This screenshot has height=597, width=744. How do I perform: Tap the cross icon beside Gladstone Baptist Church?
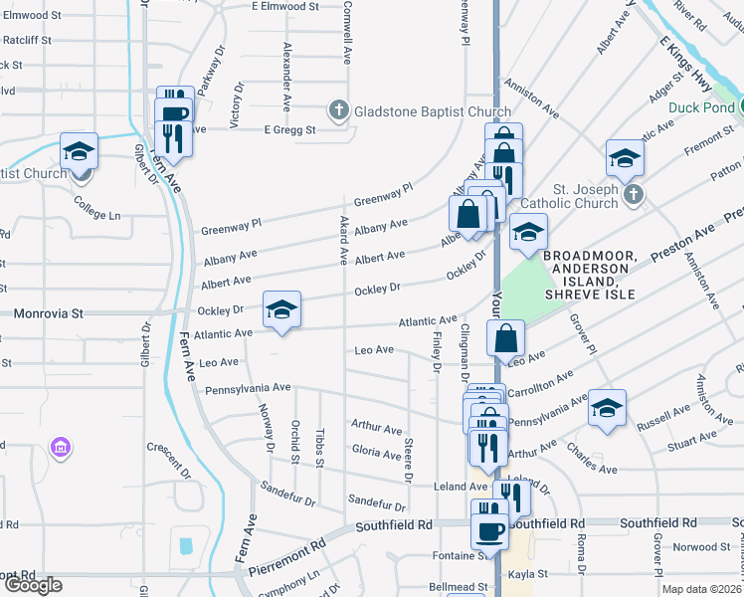[338, 110]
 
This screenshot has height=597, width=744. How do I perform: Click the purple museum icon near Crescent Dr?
[61, 448]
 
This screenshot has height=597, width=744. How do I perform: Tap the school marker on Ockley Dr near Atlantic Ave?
[281, 311]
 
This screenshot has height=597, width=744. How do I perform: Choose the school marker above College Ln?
[79, 152]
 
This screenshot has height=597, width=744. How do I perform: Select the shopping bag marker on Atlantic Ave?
[506, 338]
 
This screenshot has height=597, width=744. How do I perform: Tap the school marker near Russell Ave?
[606, 408]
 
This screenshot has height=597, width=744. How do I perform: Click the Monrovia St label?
[49, 312]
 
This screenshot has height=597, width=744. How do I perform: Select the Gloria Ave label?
[376, 451]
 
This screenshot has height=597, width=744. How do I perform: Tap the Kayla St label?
[528, 574]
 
